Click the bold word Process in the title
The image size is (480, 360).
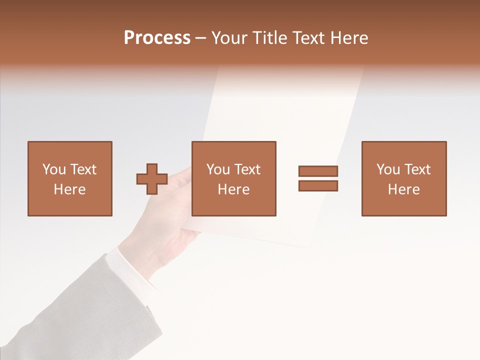point(157,38)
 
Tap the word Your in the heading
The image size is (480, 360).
point(230,38)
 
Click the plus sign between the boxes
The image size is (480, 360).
point(152,179)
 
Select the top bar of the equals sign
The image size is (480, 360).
point(318,171)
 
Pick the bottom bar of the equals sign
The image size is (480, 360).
point(318,186)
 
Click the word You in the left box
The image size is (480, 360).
point(53,169)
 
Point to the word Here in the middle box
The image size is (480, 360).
point(233,189)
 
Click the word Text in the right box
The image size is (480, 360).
point(416,169)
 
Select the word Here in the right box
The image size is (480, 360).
point(403,189)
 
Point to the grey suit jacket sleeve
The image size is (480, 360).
point(75,310)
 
